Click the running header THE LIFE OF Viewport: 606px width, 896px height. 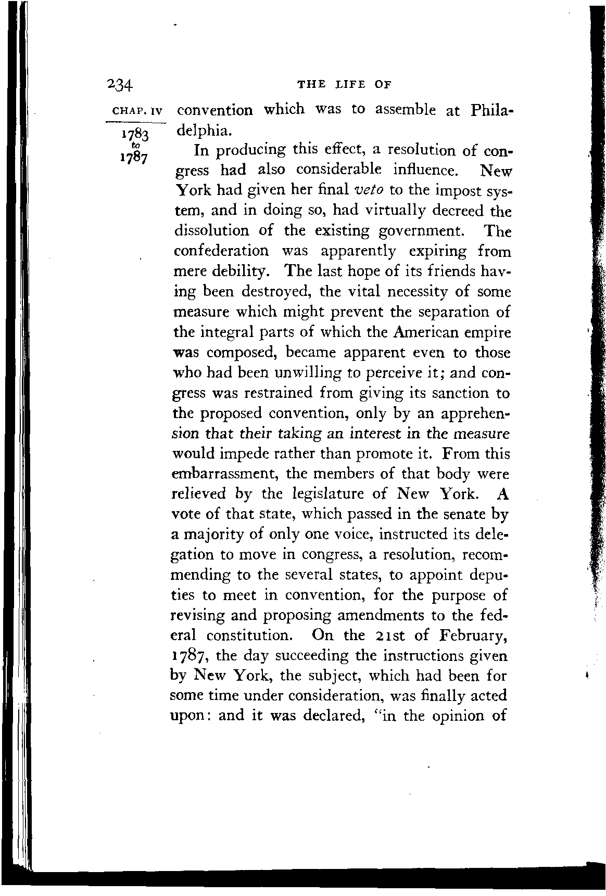click(x=344, y=85)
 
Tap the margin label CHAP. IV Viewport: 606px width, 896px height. click(x=134, y=111)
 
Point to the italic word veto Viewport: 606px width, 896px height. click(x=369, y=190)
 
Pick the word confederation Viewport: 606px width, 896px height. click(x=221, y=251)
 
